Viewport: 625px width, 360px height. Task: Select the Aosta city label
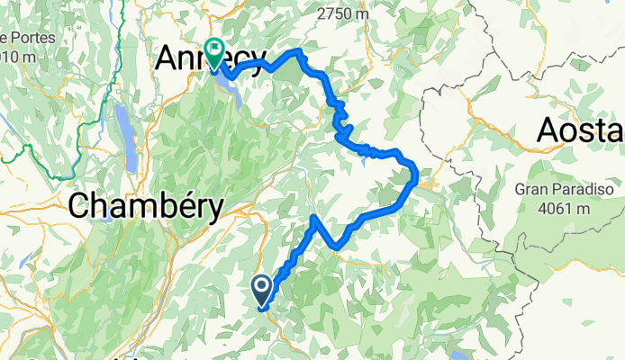click(579, 131)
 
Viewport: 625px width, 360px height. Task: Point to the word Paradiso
click(579, 191)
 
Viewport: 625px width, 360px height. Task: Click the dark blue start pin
click(262, 290)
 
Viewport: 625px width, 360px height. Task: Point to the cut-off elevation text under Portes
click(18, 57)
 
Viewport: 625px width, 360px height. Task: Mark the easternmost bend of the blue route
click(415, 174)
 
